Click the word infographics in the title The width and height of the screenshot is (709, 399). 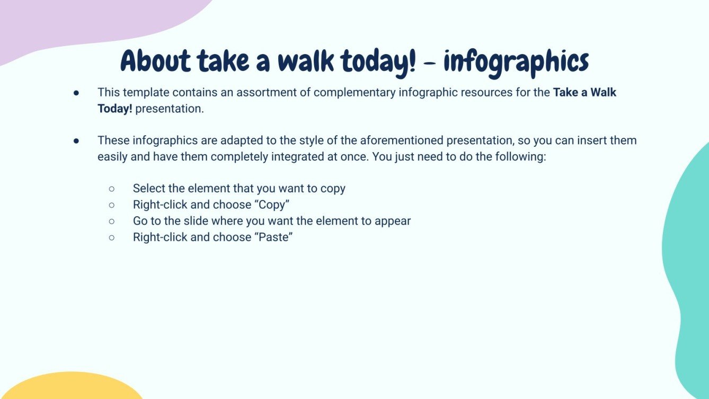[516, 62]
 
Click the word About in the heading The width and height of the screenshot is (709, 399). [156, 62]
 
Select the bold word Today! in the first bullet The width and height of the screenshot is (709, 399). [115, 109]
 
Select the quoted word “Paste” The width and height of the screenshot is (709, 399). [274, 237]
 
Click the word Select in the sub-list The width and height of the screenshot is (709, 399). [149, 188]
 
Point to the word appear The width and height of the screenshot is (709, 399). [393, 221]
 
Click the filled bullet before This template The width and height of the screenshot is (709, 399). [76, 93]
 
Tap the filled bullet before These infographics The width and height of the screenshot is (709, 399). [76, 141]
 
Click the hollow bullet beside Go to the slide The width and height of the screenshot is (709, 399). [112, 221]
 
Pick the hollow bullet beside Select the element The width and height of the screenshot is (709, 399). [112, 189]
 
